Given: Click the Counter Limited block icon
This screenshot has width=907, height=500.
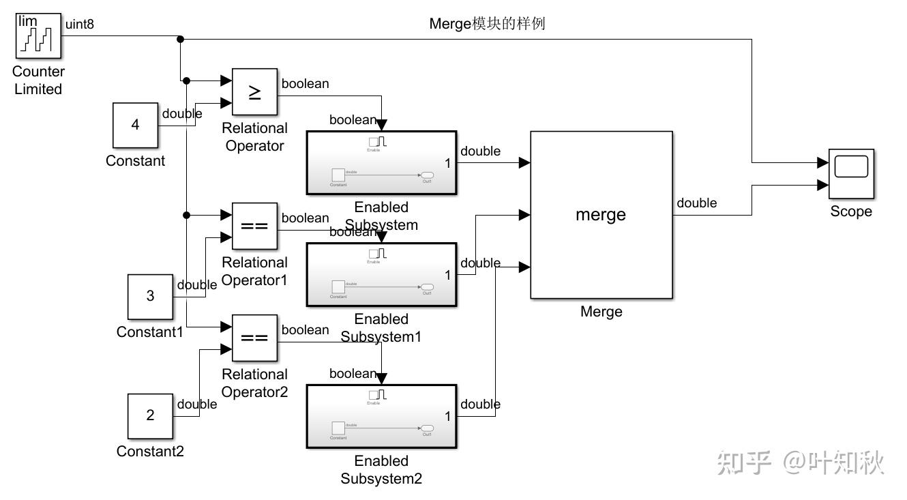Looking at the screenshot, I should click(38, 38).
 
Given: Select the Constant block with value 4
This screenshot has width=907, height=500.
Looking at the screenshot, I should click(135, 125).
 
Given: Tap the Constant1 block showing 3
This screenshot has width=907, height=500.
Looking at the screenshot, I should click(150, 297).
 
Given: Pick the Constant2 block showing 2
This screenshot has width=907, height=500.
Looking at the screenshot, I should click(150, 415).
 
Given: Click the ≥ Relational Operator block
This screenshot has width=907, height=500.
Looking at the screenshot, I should click(254, 91).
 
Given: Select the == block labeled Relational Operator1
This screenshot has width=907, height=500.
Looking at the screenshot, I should click(254, 226).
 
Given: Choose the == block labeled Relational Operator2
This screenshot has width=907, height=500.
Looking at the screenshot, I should click(254, 338).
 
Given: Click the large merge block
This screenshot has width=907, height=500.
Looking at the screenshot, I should click(601, 215).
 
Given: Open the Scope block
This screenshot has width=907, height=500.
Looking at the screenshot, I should click(850, 174).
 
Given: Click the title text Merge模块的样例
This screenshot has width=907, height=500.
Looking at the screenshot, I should click(487, 24).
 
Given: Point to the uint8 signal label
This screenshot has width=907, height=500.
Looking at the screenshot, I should click(79, 25).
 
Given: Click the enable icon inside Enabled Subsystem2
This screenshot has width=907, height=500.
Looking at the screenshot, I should click(377, 395).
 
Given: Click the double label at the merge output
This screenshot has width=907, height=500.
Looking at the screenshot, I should click(696, 203).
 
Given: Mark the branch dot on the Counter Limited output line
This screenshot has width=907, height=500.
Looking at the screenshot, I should click(180, 40).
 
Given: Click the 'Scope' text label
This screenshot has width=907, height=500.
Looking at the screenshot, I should click(850, 211).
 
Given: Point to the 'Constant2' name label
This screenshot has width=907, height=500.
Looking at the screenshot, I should click(150, 451).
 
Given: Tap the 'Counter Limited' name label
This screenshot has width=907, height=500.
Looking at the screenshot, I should click(38, 80).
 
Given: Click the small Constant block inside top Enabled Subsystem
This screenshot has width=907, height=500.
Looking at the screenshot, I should click(338, 175).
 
